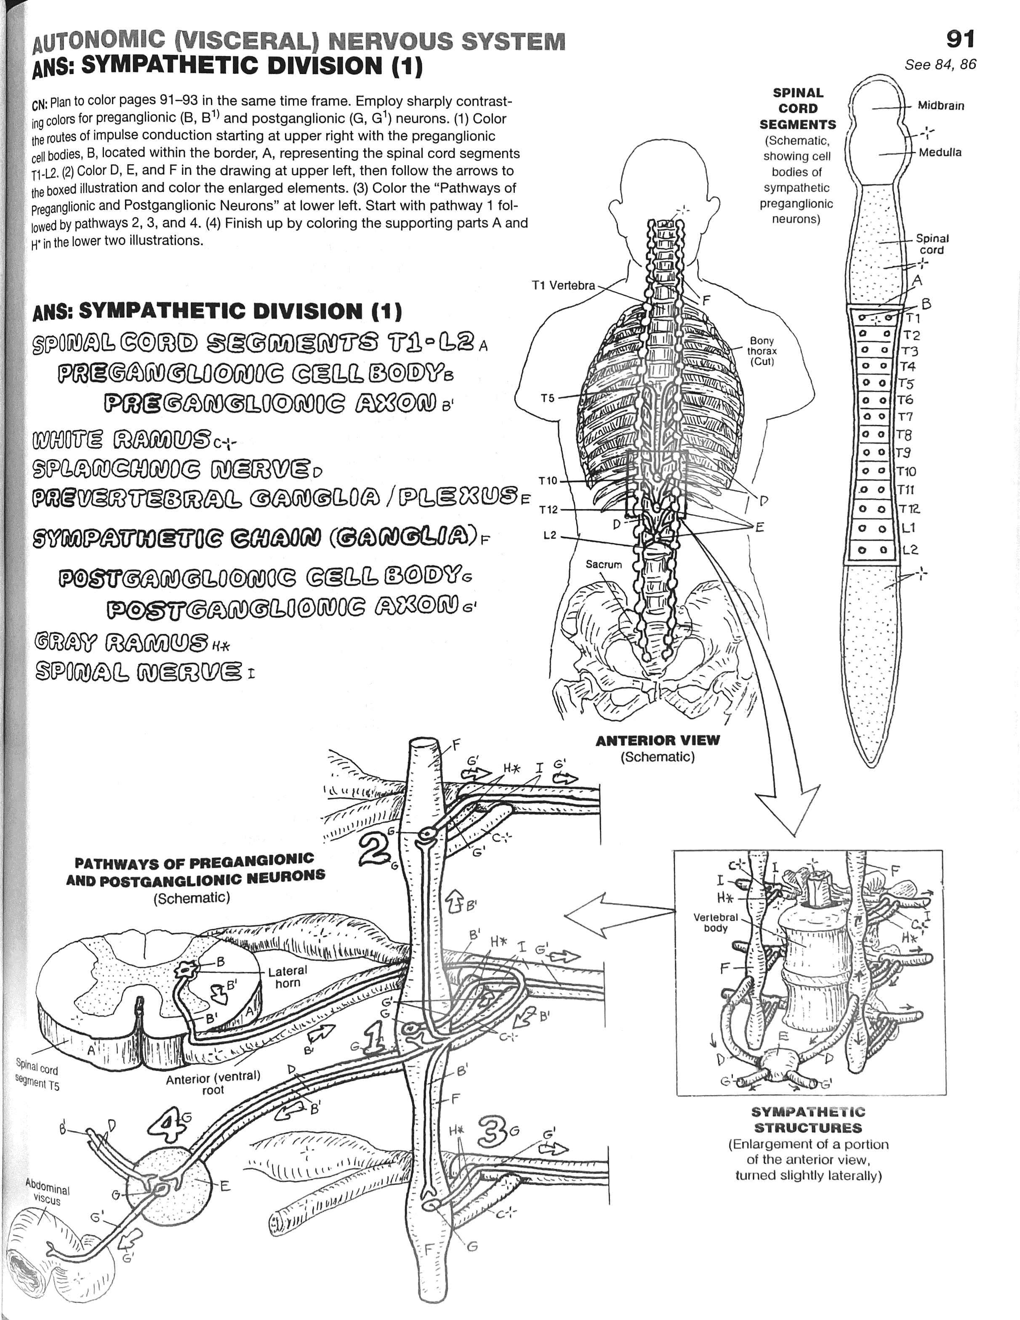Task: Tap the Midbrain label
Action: (x=941, y=106)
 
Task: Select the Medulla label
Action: (x=940, y=152)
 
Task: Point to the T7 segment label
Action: (x=905, y=417)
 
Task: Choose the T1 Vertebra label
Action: (x=563, y=285)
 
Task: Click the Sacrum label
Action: (x=604, y=565)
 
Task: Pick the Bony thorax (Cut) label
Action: (x=762, y=351)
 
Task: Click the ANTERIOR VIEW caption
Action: (x=658, y=740)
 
